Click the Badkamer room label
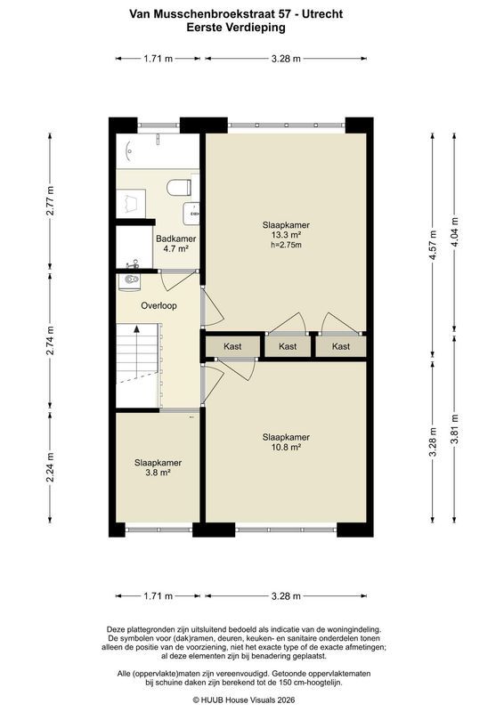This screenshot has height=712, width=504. (176, 239)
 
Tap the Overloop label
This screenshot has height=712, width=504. (159, 305)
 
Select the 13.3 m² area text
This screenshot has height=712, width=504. (287, 235)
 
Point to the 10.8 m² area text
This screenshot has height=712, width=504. (287, 448)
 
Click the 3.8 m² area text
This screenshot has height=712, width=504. (158, 473)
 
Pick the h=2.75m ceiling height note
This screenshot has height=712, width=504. (287, 245)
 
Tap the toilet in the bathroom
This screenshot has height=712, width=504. (179, 188)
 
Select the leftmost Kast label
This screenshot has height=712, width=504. (232, 346)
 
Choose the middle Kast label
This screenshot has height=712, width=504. (288, 346)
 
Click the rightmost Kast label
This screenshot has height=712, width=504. (341, 346)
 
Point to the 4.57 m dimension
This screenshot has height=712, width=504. (433, 246)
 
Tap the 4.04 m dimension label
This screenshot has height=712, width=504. (455, 232)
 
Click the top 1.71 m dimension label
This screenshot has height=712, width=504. (159, 59)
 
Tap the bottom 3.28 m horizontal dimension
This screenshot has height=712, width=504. (287, 596)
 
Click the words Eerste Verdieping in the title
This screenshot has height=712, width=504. (236, 28)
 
